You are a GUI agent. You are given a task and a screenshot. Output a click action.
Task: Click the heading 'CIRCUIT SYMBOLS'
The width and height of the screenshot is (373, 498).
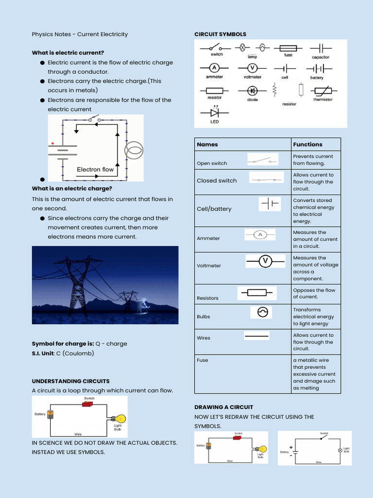tap(220, 35)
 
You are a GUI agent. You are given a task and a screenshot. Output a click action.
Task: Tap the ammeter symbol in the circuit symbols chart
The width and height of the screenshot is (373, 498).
tap(214, 68)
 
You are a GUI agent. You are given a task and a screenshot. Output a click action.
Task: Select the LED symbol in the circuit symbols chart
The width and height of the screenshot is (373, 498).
tap(214, 113)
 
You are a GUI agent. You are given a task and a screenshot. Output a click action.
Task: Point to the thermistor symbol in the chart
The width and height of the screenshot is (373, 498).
tap(322, 90)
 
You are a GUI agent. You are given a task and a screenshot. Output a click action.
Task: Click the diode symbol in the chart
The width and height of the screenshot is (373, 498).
tap(252, 90)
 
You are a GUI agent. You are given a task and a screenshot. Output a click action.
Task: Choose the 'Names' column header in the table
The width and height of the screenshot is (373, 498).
tap(207, 144)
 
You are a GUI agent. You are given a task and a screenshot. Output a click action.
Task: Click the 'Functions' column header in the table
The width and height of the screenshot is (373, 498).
tap(307, 144)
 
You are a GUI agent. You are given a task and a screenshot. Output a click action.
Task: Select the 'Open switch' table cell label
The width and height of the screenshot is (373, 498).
tap(212, 163)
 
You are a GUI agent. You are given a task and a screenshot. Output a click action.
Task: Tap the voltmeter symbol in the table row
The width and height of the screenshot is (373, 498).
tap(265, 262)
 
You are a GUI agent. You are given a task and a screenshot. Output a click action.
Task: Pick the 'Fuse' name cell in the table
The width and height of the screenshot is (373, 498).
tap(203, 360)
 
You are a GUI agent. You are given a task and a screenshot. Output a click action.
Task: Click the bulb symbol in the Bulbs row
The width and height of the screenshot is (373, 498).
tap(262, 313)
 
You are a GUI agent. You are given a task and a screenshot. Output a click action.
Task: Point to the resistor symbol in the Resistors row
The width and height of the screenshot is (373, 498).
tap(257, 293)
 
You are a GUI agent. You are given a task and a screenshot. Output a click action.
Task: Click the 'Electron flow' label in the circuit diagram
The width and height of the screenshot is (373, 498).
tap(95, 170)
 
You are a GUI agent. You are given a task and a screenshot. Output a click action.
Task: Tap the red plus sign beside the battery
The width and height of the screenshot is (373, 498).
tap(52, 143)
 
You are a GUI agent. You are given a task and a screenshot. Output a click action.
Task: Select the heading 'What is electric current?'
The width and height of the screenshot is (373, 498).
tap(68, 53)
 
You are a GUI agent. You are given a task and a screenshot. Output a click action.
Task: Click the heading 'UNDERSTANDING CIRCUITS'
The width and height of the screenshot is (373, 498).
tap(71, 381)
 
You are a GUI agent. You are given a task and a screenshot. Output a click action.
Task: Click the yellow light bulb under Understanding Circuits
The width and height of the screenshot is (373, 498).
tap(119, 419)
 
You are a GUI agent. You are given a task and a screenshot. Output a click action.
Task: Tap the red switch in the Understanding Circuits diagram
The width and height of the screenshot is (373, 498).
tap(88, 404)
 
